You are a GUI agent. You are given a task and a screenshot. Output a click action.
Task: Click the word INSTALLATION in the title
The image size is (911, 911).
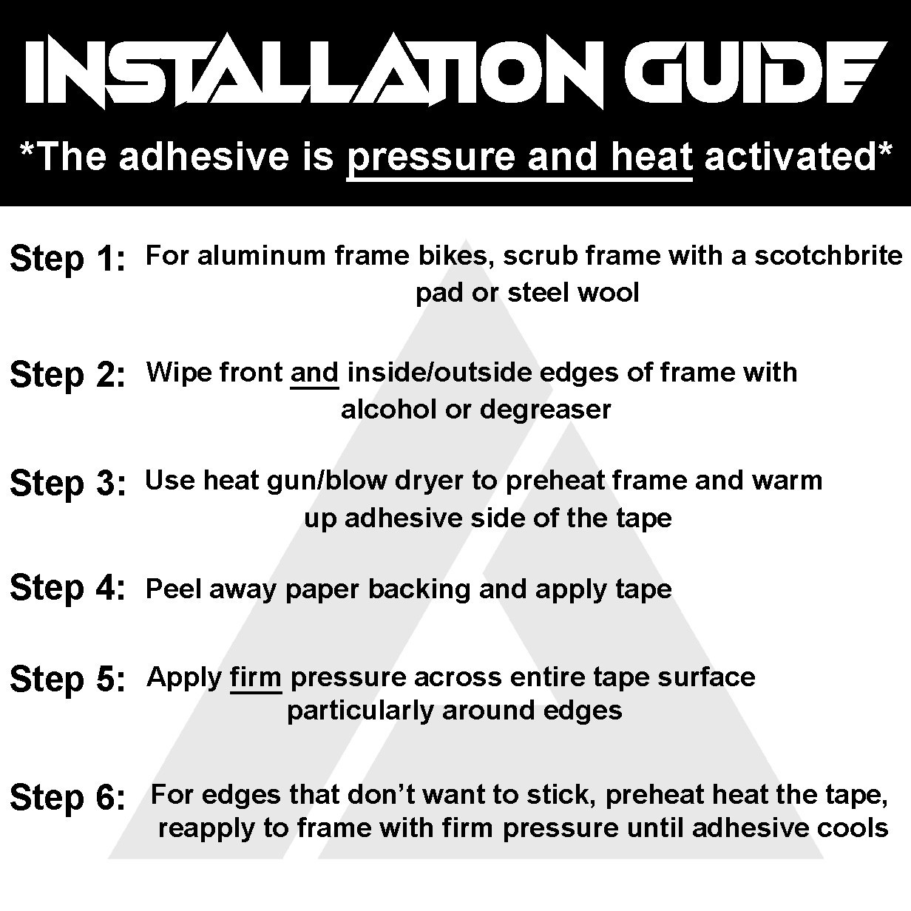(314, 72)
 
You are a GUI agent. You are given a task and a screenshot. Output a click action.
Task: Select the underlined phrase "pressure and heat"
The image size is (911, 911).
(520, 158)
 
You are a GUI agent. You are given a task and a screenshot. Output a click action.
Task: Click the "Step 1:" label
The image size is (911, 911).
(67, 259)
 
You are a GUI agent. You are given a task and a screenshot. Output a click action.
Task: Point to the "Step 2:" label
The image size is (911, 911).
(67, 376)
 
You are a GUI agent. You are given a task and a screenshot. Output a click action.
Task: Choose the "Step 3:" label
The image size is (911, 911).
(67, 484)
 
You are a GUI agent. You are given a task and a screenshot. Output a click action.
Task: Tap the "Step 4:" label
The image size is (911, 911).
(67, 589)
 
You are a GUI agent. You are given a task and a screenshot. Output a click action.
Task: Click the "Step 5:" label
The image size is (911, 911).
(67, 680)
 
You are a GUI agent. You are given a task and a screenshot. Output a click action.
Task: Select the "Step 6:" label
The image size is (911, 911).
(67, 798)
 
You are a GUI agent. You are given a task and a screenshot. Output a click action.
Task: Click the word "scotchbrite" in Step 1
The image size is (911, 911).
(828, 256)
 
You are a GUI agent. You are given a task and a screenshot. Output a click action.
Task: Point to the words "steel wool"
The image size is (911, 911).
(573, 293)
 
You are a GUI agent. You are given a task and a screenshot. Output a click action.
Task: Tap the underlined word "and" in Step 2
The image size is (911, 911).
(314, 373)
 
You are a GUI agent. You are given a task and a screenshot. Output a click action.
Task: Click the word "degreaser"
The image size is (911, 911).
(545, 410)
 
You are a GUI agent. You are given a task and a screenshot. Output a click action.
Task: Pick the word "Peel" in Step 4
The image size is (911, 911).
(174, 589)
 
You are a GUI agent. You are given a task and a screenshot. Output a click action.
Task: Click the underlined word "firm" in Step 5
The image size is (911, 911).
(256, 677)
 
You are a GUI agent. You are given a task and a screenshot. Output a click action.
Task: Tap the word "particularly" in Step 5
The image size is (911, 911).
(359, 711)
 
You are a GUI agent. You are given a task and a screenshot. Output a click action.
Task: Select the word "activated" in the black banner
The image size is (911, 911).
(791, 158)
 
